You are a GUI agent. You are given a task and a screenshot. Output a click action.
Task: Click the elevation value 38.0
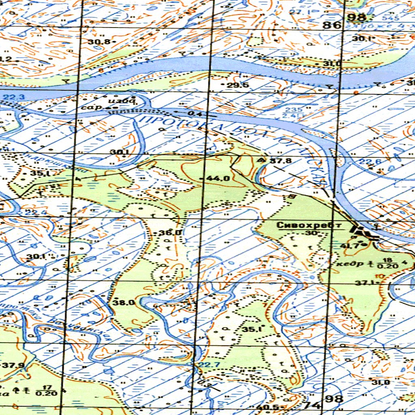pos(123,302)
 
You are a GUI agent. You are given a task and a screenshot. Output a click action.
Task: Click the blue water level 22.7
pos(211,365)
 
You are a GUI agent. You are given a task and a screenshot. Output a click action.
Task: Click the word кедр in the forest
pos(345,264)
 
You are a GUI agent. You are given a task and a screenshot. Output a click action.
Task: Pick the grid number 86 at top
pos(332,25)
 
